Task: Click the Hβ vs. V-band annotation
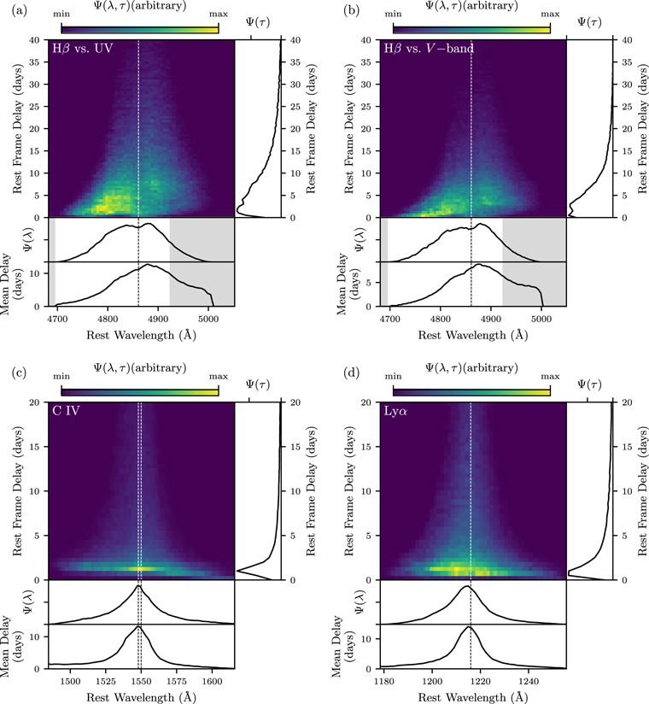coord(430,49)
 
